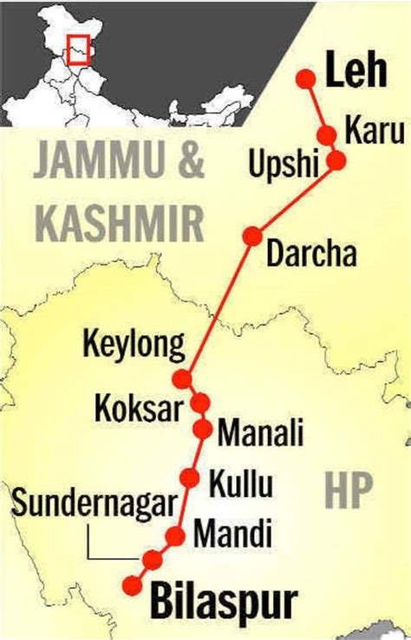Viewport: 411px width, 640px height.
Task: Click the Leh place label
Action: point(356,73)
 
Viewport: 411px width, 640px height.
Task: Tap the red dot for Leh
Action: point(305,79)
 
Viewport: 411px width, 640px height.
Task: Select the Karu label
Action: point(375,131)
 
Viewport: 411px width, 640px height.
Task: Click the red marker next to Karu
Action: point(327,135)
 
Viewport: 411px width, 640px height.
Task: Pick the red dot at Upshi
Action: point(336,160)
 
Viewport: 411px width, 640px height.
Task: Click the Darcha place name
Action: point(311,254)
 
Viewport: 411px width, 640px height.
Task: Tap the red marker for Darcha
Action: point(252,236)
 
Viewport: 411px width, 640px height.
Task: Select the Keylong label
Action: point(134,346)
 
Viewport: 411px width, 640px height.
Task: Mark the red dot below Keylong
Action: point(182,378)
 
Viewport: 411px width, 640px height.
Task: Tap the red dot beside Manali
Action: point(203,428)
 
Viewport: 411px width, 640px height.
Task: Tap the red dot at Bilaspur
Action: point(133,585)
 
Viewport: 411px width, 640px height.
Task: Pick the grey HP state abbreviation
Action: point(349,492)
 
